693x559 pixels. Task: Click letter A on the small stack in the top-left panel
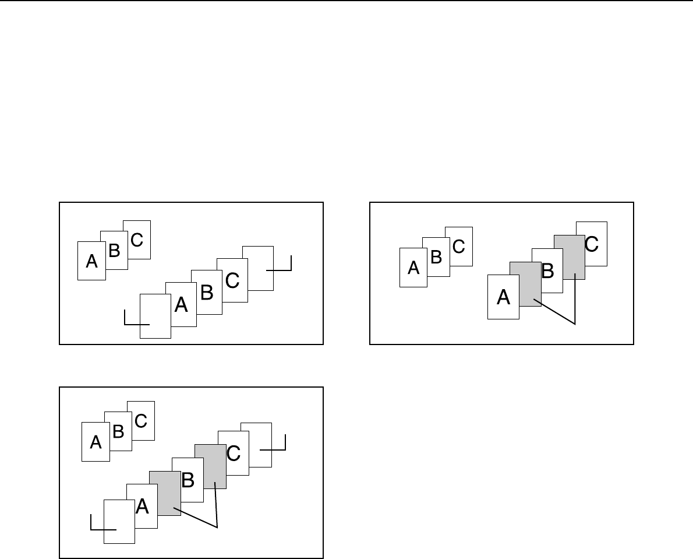pyautogui.click(x=91, y=262)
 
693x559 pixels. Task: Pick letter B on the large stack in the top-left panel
pyautogui.click(x=206, y=292)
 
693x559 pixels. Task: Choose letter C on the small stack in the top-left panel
pyautogui.click(x=136, y=239)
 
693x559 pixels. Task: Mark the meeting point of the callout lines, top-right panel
pyautogui.click(x=575, y=322)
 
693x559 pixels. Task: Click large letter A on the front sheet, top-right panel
pyautogui.click(x=503, y=297)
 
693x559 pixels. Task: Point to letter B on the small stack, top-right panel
pyautogui.click(x=436, y=257)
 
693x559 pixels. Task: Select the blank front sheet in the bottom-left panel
pyautogui.click(x=119, y=528)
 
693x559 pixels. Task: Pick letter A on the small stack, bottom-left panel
pyautogui.click(x=96, y=443)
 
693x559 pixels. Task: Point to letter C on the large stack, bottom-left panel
pyautogui.click(x=234, y=453)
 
